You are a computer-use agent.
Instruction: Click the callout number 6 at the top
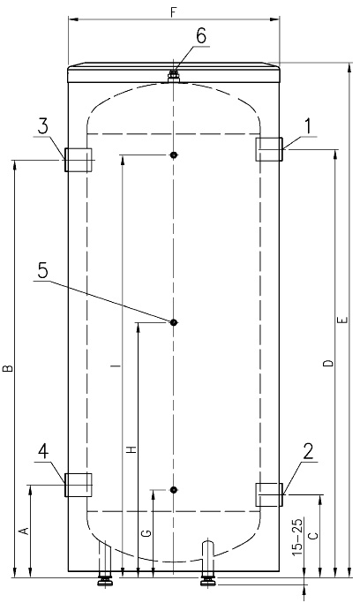coord(201,36)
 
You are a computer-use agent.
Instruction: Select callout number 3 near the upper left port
coord(43,126)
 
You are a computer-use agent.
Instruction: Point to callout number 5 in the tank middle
coord(43,272)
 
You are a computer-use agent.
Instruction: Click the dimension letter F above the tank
coord(174,11)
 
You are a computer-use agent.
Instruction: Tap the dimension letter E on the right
coord(344,320)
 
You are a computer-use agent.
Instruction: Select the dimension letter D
coord(327,364)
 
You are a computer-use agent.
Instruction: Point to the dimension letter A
coord(25,531)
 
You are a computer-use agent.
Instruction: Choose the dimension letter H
coord(132,449)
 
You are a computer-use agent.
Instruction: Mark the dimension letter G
coord(146,533)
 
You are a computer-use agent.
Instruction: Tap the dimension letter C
coord(313,536)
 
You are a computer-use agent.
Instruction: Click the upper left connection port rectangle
coord(79,160)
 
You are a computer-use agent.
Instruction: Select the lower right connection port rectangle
coord(269,494)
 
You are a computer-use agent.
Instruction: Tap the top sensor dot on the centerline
coord(174,155)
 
